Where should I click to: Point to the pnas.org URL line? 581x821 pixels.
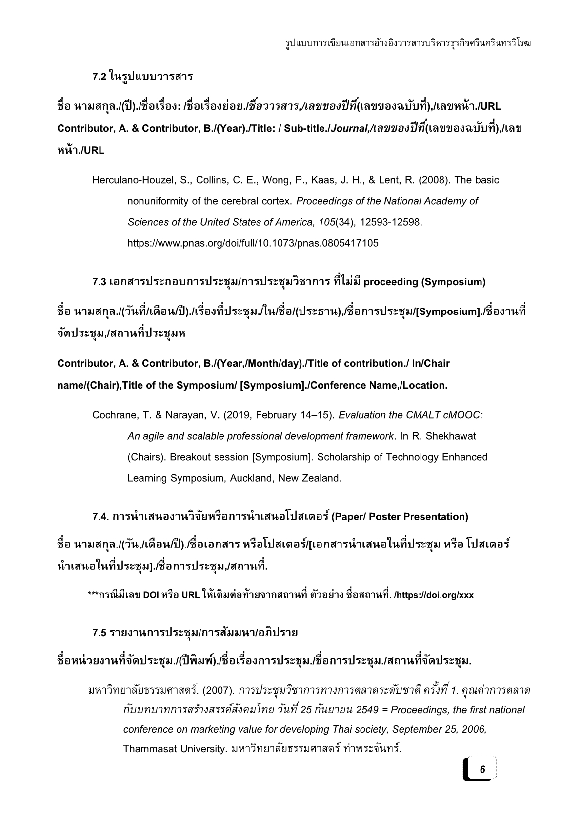pos(252,243)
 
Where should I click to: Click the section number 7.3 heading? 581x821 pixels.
pos(100,282)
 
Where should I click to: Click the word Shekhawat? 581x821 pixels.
pos(450,436)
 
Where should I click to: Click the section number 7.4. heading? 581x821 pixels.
pos(100,517)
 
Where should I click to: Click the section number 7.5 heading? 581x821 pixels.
pos(100,633)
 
